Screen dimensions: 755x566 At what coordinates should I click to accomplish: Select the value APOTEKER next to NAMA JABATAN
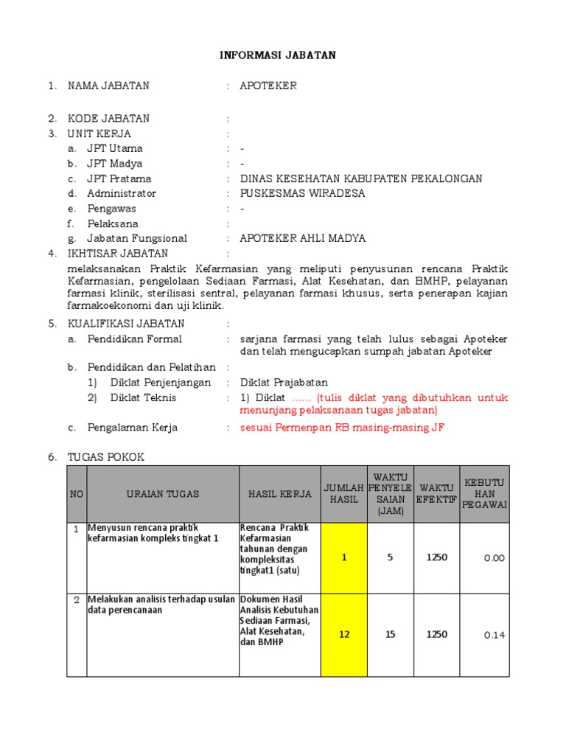coord(268,86)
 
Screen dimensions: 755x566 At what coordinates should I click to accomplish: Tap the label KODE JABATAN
coord(108,119)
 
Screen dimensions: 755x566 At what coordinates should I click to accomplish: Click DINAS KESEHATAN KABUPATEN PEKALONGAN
coord(361,178)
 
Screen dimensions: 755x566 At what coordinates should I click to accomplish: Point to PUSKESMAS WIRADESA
coord(302,193)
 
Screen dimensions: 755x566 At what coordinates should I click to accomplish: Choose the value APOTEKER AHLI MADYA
coord(302,238)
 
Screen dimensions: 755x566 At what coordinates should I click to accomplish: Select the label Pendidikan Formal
coord(134,339)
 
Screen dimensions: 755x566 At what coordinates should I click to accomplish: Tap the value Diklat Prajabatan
coord(284,382)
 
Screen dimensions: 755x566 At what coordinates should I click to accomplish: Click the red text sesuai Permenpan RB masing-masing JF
coord(343,428)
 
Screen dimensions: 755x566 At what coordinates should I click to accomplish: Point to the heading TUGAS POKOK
coord(106,457)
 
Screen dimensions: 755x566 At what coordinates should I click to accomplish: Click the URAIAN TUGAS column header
coord(162,494)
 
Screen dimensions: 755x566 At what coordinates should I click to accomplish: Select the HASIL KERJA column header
coord(280,494)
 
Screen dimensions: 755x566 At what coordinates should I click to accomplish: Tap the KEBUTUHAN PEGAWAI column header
coord(484,494)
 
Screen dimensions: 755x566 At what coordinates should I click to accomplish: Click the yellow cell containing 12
coord(343,634)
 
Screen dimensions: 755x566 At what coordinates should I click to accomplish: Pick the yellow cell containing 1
coord(343,557)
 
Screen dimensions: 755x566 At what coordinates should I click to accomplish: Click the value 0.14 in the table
coord(495,635)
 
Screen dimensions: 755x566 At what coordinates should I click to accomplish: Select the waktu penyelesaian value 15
coord(390,634)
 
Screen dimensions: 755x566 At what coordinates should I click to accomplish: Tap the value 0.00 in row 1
coord(495,558)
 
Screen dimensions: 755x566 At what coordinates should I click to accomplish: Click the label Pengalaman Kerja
coord(132,428)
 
